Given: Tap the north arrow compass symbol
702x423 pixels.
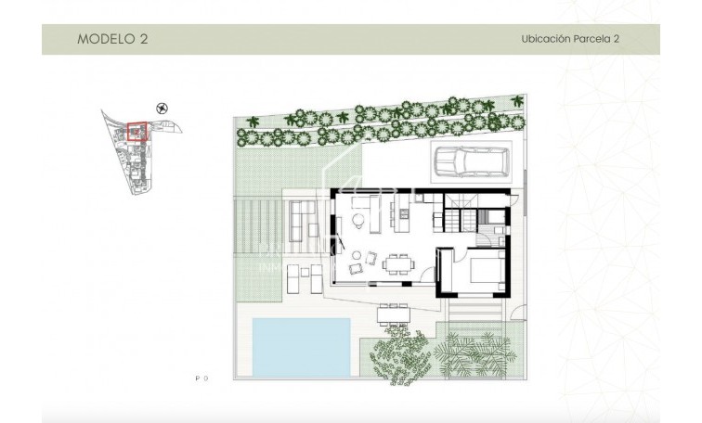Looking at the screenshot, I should [163, 109].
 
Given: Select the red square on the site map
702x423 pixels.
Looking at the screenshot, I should [136, 134].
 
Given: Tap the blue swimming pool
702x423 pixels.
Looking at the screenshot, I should [300, 347].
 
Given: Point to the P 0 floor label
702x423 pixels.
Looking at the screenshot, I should [201, 378].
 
